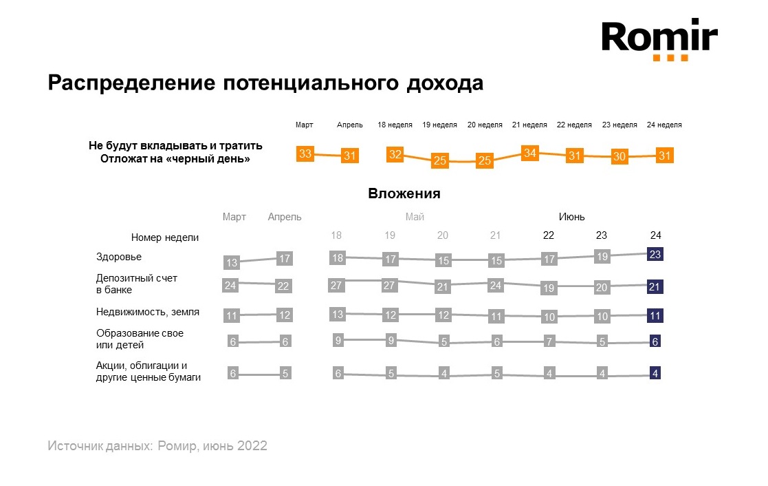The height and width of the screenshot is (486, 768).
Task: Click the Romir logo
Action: (x=659, y=39)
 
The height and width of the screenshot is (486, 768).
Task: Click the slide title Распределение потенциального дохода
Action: (x=265, y=83)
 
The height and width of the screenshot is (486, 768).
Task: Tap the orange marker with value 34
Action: (x=529, y=153)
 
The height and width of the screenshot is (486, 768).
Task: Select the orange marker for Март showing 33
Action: (x=305, y=154)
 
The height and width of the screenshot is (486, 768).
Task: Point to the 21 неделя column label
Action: (x=529, y=125)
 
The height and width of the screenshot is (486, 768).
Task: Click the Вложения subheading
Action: (x=404, y=193)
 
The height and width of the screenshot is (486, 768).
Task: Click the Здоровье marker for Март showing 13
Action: (x=232, y=262)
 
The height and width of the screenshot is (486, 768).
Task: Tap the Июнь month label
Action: (x=571, y=217)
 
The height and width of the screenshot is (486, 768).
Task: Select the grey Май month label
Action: (x=415, y=217)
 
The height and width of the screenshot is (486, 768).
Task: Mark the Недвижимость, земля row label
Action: (x=148, y=311)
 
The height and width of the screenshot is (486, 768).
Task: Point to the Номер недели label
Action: (x=165, y=237)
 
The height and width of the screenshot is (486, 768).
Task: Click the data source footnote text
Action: (x=157, y=445)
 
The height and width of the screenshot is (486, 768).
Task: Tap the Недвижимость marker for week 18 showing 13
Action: (x=337, y=314)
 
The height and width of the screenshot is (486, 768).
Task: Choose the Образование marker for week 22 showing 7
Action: (x=549, y=342)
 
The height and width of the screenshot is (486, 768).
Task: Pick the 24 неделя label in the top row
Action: (x=664, y=125)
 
